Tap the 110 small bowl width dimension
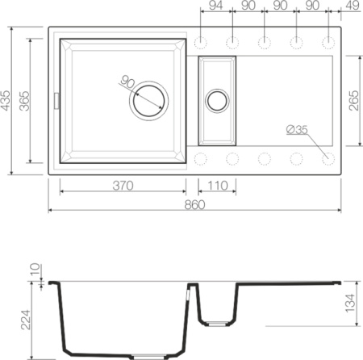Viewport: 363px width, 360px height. [x=216, y=186]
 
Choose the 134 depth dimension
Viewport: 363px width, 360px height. [x=349, y=303]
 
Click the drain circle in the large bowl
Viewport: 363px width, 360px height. [x=150, y=101]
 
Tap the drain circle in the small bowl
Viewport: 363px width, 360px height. [x=217, y=101]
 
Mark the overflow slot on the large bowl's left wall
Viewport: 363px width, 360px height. [x=56, y=98]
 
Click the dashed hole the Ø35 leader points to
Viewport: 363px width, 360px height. [x=328, y=157]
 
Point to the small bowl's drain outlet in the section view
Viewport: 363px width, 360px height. [x=216, y=324]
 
